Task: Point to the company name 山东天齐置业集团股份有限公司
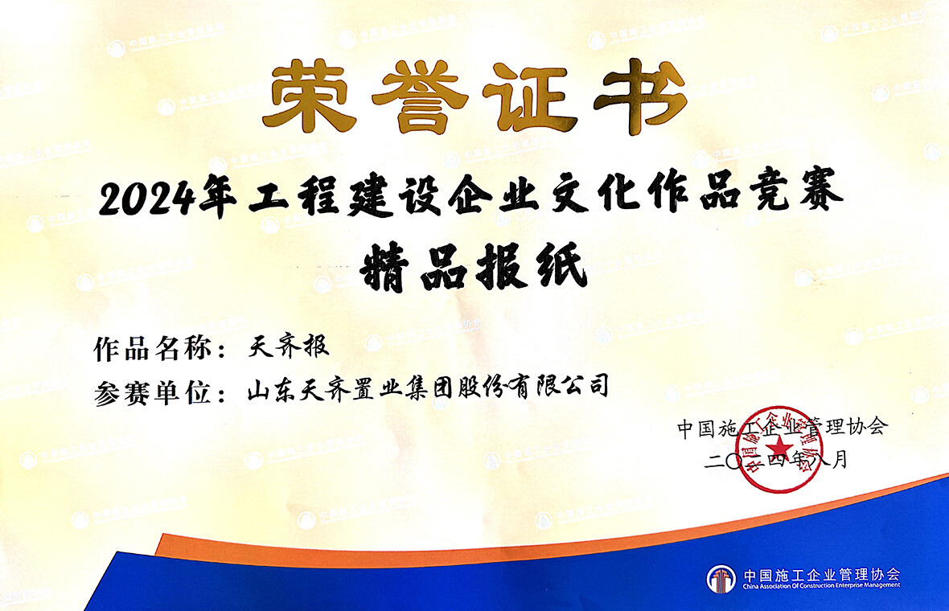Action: pyautogui.click(x=426, y=390)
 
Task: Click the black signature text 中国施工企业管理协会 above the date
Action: pyautogui.click(x=782, y=427)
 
